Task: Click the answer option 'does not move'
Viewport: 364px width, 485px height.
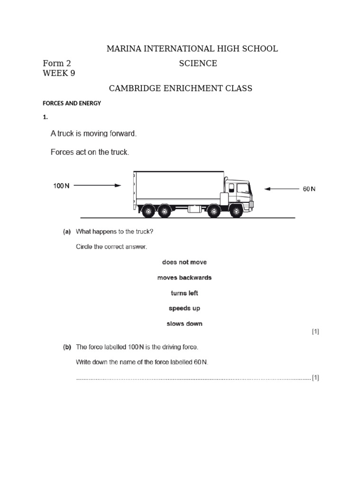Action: [184, 262]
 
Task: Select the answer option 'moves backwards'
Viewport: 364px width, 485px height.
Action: [184, 278]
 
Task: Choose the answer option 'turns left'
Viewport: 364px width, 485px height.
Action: [184, 293]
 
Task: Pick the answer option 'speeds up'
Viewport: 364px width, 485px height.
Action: [184, 308]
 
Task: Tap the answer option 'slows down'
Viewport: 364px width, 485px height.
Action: [184, 324]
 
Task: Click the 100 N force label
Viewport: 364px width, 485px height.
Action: [61, 186]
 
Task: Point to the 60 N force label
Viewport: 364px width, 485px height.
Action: [309, 189]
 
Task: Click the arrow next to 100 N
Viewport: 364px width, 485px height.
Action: [98, 186]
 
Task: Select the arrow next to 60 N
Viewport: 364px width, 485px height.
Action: [281, 189]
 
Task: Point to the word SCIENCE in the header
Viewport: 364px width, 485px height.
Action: [198, 63]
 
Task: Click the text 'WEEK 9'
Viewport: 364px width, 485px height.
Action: [59, 73]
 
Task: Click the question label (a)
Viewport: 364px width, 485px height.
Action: [67, 232]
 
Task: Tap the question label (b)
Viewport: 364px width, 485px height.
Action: [67, 347]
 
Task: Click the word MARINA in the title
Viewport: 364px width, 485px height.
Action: [124, 49]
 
